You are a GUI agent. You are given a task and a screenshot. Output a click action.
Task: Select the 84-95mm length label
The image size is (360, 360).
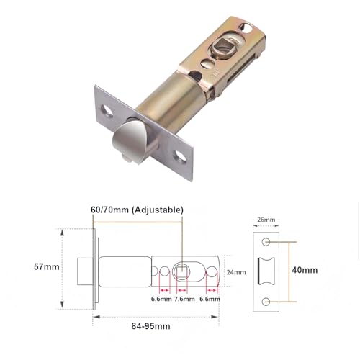(150, 326)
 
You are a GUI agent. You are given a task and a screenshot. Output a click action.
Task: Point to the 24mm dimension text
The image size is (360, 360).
(237, 272)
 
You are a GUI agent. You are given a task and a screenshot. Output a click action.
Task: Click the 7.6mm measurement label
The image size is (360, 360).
(185, 299)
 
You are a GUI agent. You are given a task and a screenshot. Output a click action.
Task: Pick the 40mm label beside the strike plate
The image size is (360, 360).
(305, 271)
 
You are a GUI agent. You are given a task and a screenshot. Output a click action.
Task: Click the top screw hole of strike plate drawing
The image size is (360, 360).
(266, 242)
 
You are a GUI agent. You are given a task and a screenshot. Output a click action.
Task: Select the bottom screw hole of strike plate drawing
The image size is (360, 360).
(266, 300)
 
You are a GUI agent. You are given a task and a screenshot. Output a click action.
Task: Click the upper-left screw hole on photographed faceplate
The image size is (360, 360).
(108, 112)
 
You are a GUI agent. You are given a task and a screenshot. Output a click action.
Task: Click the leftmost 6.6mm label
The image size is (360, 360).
(161, 299)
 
